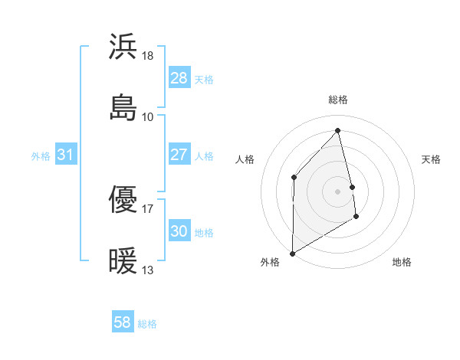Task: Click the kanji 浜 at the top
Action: [x=123, y=46]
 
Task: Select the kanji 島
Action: [x=123, y=108]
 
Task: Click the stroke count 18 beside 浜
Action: [x=149, y=55]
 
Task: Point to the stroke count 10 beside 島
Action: [x=148, y=116]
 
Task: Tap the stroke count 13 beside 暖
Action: [x=148, y=270]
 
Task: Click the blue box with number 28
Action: [x=179, y=78]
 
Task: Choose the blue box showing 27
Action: [x=179, y=155]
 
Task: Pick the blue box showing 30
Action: [x=179, y=231]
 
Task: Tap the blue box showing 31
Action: [x=66, y=155]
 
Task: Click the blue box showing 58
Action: [x=123, y=322]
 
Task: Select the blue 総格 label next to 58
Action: [x=147, y=324]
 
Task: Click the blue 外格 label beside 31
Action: [x=41, y=156]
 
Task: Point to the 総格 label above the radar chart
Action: [x=338, y=100]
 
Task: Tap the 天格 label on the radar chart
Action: [x=431, y=159]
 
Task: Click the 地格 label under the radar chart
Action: [x=402, y=262]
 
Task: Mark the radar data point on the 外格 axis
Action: [x=292, y=253]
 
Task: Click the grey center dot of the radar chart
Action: [x=338, y=191]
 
